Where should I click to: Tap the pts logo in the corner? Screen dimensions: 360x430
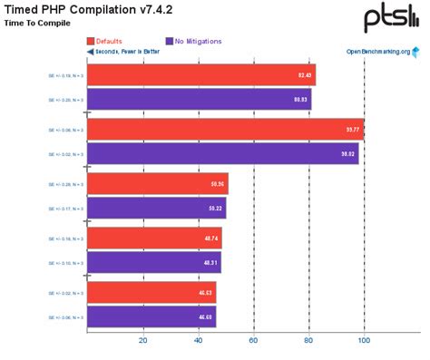click(390, 17)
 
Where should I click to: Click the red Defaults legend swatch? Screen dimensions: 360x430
click(91, 41)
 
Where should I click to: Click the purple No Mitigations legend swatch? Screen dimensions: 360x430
click(170, 41)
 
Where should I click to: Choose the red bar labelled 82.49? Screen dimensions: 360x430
click(200, 74)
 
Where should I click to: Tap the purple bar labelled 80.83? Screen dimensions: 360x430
click(199, 99)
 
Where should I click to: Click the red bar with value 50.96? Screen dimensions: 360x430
click(157, 184)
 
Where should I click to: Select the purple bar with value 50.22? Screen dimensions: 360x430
click(156, 209)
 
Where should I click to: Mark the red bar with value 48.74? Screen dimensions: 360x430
click(154, 239)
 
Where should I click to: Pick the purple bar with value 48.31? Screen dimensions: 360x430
click(153, 263)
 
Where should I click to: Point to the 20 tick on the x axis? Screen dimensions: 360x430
click(142, 342)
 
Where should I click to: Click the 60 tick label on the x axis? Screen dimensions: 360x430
click(253, 342)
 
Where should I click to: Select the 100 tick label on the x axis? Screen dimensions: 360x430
click(364, 342)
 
